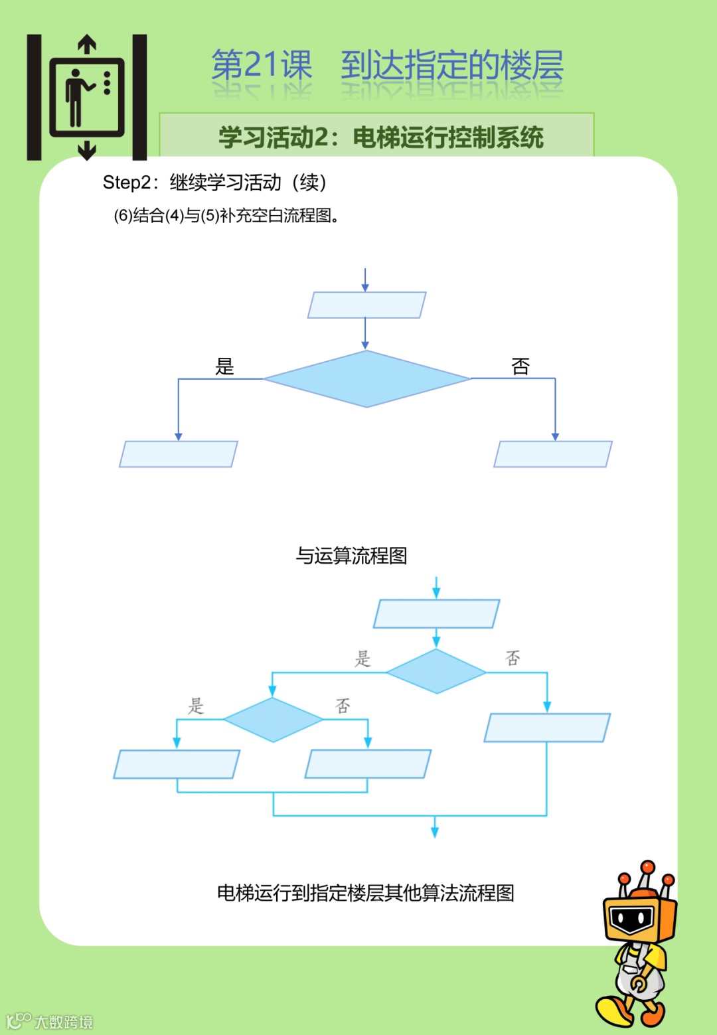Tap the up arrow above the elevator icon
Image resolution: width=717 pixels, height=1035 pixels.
[87, 44]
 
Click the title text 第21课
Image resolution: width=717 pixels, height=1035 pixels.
[262, 65]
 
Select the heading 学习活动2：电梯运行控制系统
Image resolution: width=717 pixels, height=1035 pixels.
[381, 137]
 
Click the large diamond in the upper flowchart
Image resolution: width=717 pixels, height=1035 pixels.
[366, 378]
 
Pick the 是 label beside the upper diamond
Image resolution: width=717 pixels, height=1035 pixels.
[224, 366]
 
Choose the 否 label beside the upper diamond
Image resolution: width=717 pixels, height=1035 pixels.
[520, 366]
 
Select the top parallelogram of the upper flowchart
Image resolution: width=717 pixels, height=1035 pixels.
[366, 305]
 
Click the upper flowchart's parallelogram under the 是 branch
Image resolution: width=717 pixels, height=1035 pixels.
[178, 454]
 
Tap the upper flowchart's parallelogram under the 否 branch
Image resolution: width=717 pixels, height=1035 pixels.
[553, 454]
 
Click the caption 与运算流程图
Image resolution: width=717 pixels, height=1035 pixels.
[351, 556]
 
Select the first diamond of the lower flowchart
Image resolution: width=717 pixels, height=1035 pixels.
[436, 672]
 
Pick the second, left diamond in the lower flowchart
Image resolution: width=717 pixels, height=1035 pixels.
[273, 720]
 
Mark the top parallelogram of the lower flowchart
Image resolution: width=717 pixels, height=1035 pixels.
[436, 614]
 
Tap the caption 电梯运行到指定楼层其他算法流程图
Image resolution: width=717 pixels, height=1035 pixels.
[366, 893]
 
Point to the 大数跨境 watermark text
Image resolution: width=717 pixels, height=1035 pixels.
[64, 1022]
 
